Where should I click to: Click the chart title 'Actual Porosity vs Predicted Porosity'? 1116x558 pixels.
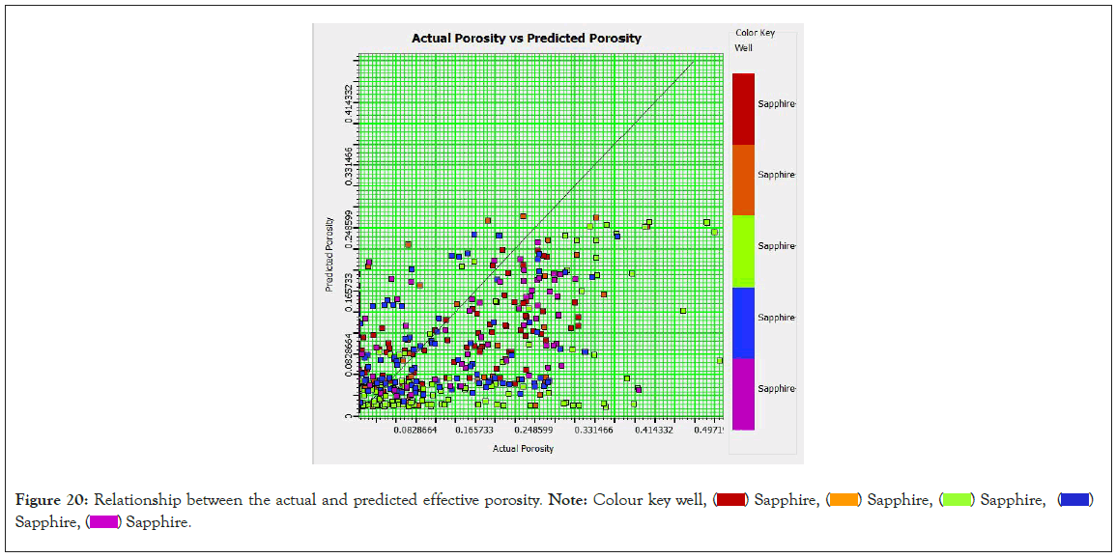point(527,39)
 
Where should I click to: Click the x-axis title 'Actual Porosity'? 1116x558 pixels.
point(523,449)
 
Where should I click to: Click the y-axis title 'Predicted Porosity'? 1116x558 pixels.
point(329,253)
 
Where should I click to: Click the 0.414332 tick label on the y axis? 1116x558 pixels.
point(349,103)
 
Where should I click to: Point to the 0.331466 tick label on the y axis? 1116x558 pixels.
point(349,166)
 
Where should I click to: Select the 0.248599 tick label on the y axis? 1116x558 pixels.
point(349,230)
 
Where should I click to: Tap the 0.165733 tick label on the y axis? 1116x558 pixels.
point(349,293)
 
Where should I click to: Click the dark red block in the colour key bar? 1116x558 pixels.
point(743,108)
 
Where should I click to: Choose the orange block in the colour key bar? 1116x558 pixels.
point(743,180)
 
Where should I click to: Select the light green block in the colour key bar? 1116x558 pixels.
point(743,251)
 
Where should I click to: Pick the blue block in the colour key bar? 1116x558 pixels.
point(743,322)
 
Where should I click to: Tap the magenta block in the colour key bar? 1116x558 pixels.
point(743,394)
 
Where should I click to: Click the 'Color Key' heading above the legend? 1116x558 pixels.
point(755,33)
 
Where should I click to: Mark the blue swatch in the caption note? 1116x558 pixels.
point(1075,500)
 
